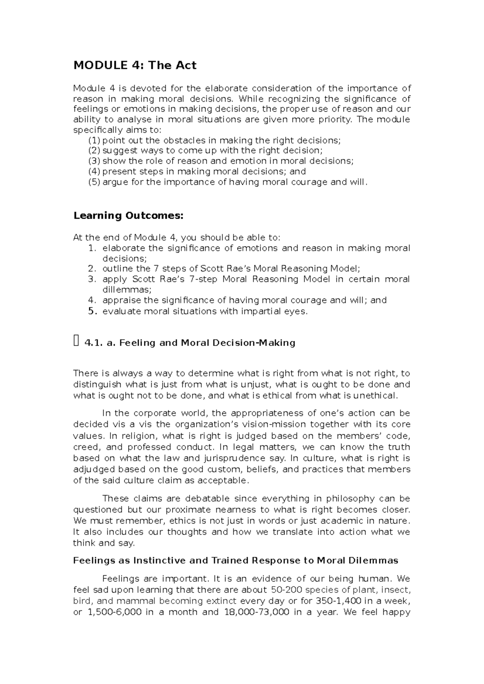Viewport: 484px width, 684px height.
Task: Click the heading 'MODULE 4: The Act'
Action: [135, 65]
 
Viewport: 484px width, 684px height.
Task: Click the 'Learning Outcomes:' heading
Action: [128, 216]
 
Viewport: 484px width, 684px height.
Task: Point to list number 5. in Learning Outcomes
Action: [93, 311]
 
